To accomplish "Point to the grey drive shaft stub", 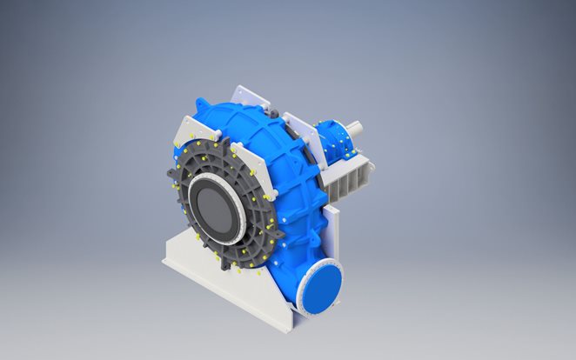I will (358, 128).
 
